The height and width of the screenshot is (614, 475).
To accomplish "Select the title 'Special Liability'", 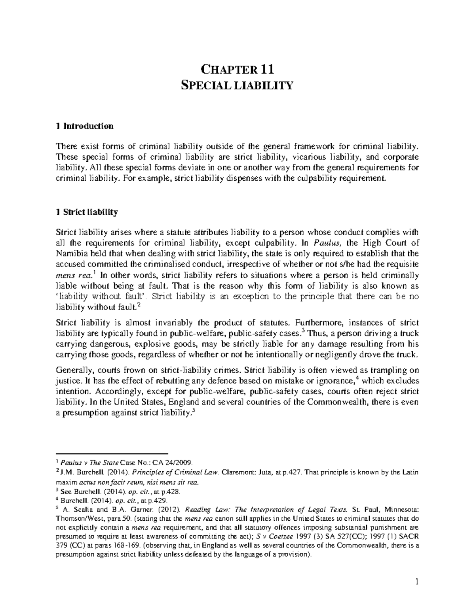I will click(x=237, y=85).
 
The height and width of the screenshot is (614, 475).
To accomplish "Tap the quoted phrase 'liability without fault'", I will click(x=103, y=297).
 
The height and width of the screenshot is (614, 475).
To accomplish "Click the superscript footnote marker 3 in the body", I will click(x=303, y=330).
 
